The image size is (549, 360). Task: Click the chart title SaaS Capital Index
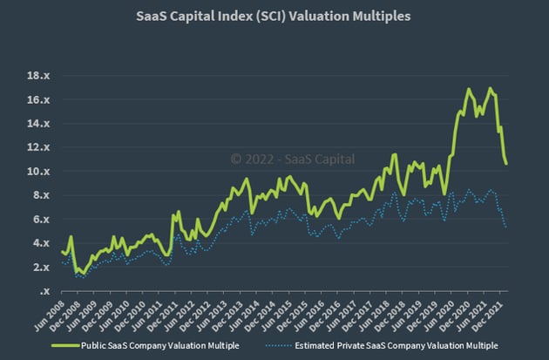click(x=274, y=16)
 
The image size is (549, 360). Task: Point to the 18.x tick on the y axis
click(x=36, y=76)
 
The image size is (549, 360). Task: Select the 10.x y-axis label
click(x=36, y=172)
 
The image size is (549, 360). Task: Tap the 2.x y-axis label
click(x=39, y=268)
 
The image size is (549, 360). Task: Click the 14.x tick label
click(x=36, y=124)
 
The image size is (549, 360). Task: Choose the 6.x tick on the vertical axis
click(x=39, y=220)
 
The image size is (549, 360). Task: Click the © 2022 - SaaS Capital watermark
click(x=283, y=159)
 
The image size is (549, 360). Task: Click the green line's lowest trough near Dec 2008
click(x=80, y=274)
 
